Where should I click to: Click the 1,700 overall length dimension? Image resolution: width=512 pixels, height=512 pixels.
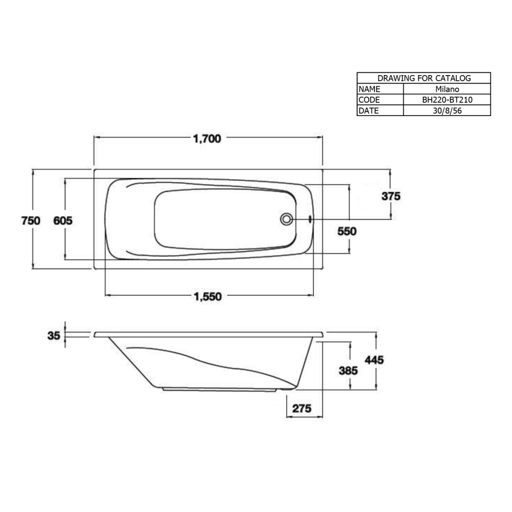(x=207, y=138)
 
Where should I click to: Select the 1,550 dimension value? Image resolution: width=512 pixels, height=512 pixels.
(x=207, y=296)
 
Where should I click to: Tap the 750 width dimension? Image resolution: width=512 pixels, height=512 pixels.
(x=31, y=221)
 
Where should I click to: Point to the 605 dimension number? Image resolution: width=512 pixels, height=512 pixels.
(x=63, y=221)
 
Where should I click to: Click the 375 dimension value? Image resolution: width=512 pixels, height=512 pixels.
(x=391, y=197)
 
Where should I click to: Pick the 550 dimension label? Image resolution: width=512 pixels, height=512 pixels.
(x=346, y=232)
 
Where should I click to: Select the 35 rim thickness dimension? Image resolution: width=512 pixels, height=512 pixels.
(x=53, y=336)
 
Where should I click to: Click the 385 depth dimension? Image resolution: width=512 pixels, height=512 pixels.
(x=348, y=370)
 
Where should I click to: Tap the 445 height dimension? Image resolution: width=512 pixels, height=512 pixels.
(x=375, y=360)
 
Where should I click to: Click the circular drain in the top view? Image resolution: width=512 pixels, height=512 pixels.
(x=287, y=218)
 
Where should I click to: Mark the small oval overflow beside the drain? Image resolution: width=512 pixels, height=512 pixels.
(x=309, y=218)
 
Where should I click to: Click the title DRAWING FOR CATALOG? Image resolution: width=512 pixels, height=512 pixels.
(x=423, y=78)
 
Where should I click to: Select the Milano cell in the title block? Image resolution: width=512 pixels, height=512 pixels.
(x=447, y=89)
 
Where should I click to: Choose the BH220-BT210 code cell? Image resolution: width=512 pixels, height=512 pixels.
(x=447, y=100)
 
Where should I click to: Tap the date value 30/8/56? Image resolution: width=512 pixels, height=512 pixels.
(x=447, y=110)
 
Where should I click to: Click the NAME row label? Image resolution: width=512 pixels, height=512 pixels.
(x=370, y=89)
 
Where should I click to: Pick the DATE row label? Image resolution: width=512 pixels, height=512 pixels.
(x=369, y=110)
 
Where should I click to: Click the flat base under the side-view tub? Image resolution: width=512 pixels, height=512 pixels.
(x=222, y=390)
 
